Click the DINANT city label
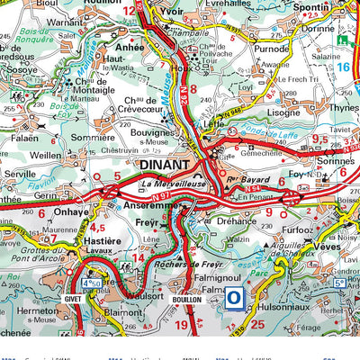pos(166,166)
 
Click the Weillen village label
pos(47,155)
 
